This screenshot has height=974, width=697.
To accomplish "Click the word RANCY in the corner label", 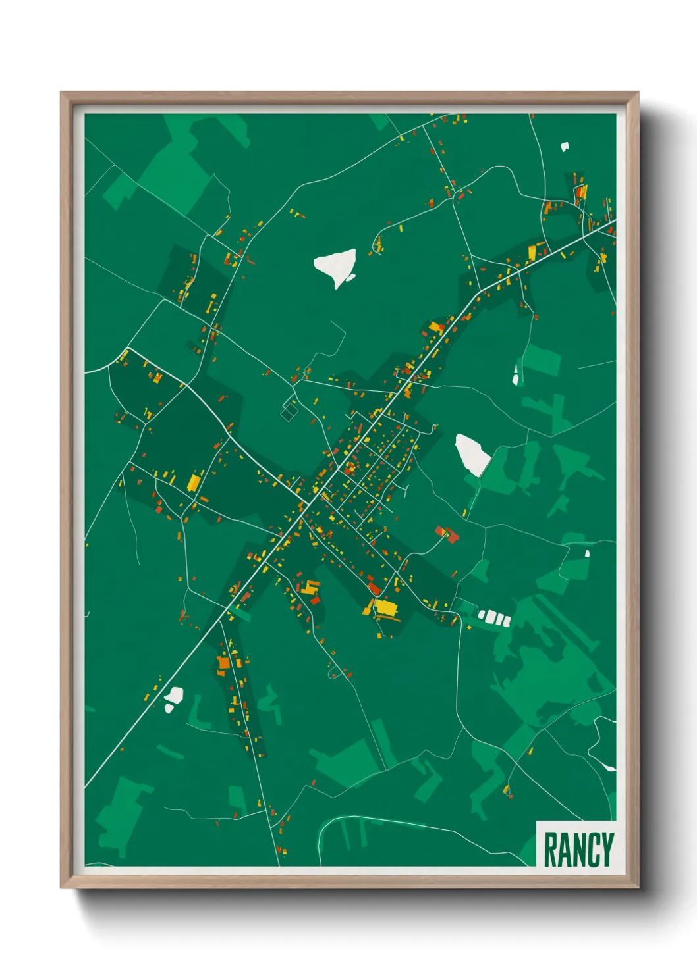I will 578,850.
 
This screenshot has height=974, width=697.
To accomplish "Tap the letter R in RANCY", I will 551,850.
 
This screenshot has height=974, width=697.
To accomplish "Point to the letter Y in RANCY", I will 607,850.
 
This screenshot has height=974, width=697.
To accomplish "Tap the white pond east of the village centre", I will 473,453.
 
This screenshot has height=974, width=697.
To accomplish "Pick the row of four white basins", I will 495,618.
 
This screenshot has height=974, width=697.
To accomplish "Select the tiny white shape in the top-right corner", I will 565,147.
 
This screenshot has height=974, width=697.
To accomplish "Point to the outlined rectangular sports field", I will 289,412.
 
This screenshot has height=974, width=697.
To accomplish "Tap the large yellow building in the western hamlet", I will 194,482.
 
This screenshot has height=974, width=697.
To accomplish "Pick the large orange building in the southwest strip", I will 223,662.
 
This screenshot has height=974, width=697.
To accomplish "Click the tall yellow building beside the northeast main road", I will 533,252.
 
